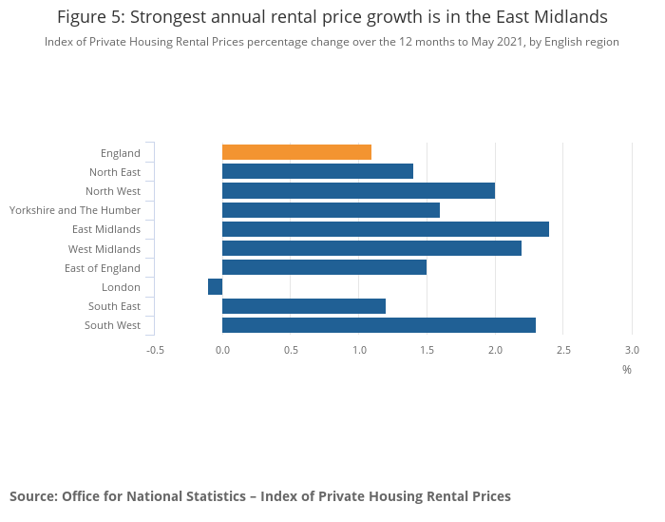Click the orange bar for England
pos(296,152)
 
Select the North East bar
pos(317,171)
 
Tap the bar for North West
pos(358,190)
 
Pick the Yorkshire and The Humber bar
pos(331,210)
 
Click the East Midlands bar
pos(385,229)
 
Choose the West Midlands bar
pos(371,248)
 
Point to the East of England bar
pos(324,267)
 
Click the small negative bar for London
pos(216,286)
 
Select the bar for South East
pos(304,306)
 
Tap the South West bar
pos(378,325)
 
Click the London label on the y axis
pos(121,287)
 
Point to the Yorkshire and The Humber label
pos(75,210)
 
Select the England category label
pos(121,153)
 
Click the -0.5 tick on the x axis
pos(155,350)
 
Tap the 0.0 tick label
pos(223,350)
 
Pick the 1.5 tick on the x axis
pos(427,350)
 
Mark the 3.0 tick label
pos(632,350)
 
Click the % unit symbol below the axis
pos(626,370)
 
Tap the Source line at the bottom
pos(260,496)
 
